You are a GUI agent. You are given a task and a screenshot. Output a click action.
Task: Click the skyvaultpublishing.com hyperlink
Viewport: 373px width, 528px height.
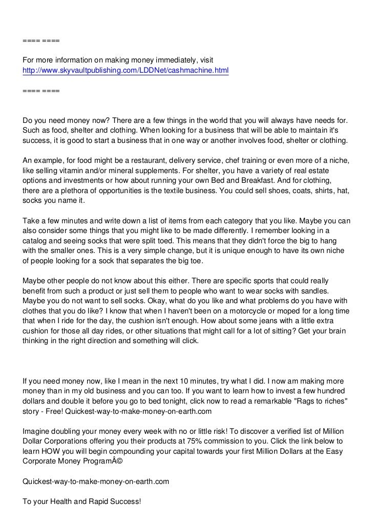tap(126, 70)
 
